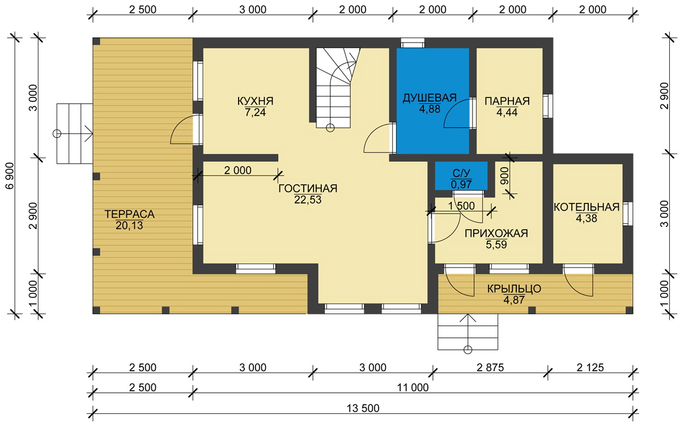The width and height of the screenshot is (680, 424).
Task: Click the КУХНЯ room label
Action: coord(256,101)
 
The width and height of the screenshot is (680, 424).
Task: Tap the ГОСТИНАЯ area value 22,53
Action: coord(308,200)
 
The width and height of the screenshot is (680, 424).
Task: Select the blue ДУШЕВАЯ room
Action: coord(432,101)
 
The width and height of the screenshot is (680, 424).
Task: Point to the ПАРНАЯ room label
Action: coord(507,101)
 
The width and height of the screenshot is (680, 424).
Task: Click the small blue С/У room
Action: coord(461,176)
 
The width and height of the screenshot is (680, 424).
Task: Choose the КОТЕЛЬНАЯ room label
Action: coord(586,207)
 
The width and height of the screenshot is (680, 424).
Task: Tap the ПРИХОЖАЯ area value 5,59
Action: coord(496,244)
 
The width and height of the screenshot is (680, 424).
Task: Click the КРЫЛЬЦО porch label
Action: coord(514,289)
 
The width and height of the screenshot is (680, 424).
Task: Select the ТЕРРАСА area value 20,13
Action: coord(129,226)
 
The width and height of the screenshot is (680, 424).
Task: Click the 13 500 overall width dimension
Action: coord(363,408)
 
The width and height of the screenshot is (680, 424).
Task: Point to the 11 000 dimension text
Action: coord(413,388)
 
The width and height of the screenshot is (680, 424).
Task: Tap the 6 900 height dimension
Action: coord(10,176)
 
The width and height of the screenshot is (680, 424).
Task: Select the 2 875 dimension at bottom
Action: coord(490,367)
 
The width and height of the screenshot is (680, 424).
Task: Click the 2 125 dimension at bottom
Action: coord(590,367)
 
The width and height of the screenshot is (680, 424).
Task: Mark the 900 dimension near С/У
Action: coord(504,176)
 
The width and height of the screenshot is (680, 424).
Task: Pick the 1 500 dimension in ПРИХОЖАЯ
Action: coord(461,206)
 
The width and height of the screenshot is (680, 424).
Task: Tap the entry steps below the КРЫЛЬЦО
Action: coord(468,332)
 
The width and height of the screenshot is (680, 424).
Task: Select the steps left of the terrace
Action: coord(75,134)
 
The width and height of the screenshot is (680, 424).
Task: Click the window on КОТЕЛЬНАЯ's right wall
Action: coord(628,214)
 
